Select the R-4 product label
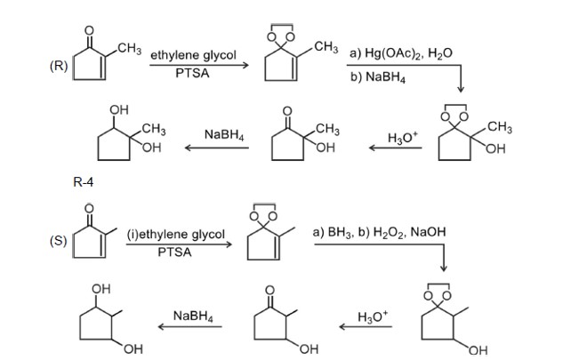coord(83,183)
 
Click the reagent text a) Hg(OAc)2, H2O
coord(400,53)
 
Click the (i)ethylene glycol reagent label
coord(176,234)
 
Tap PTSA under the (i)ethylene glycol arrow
coord(175,252)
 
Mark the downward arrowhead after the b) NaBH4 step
coord(461,90)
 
